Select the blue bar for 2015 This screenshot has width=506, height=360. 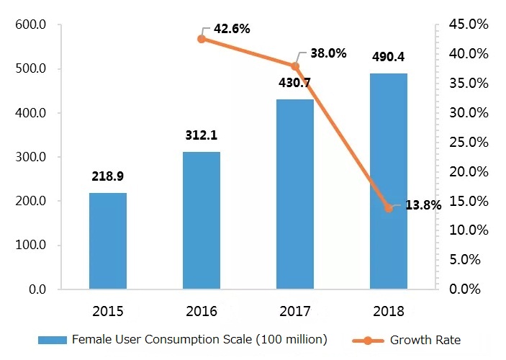[108, 241]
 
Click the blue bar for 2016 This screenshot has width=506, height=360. [202, 220]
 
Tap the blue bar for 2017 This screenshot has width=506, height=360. [295, 194]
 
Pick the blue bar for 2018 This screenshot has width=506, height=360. [389, 181]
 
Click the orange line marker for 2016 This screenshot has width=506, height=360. [202, 38]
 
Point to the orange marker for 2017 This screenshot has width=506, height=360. [295, 66]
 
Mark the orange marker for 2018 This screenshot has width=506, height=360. [389, 208]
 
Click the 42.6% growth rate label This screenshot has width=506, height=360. [232, 30]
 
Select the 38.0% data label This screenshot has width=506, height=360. [328, 53]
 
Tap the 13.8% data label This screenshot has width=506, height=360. [423, 205]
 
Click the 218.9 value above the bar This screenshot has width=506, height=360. [108, 176]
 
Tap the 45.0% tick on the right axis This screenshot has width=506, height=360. [469, 25]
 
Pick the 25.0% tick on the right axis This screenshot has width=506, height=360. [469, 143]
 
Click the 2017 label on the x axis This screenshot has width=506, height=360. [295, 312]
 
